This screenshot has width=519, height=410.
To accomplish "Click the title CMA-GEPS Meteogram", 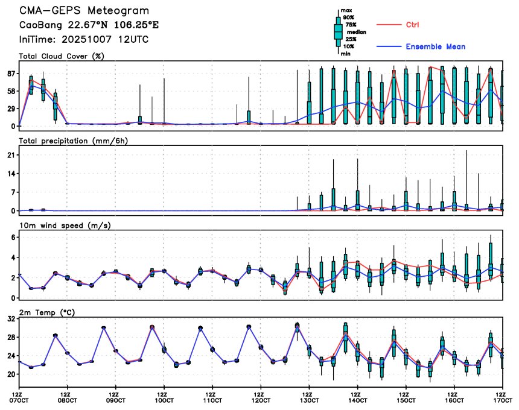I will (84, 11).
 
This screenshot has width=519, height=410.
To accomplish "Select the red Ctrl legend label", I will (412, 25).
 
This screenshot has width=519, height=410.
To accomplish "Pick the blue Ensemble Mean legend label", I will (435, 46).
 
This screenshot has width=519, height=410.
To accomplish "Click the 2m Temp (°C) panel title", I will (48, 309).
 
